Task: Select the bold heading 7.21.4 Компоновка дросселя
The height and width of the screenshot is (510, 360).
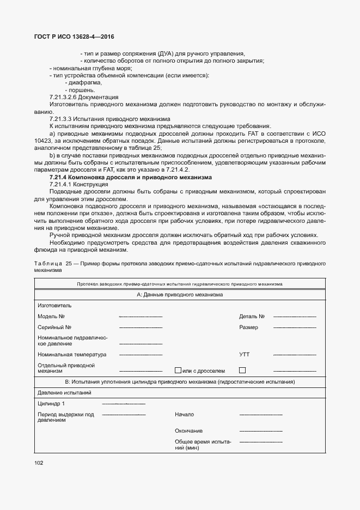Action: click(x=131, y=178)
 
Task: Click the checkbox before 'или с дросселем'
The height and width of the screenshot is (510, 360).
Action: click(x=177, y=371)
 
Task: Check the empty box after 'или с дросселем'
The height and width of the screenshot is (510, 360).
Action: click(x=242, y=371)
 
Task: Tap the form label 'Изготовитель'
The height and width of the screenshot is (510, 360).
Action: click(x=54, y=305)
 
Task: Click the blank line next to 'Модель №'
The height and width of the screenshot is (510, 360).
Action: click(x=141, y=317)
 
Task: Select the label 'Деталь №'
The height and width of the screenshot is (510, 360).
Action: click(x=252, y=316)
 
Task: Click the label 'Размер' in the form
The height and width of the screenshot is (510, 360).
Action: click(x=248, y=327)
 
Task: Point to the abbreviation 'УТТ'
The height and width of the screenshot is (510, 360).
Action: click(x=245, y=354)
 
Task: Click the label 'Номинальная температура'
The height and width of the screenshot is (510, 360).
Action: click(x=71, y=354)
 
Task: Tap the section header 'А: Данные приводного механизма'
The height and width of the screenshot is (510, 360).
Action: click(x=180, y=294)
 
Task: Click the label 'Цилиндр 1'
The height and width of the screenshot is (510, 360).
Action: click(x=51, y=404)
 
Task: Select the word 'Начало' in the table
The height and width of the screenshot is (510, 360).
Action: click(x=184, y=415)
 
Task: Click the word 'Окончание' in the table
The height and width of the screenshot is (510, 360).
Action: click(x=188, y=430)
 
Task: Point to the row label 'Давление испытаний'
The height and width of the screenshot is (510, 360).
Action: click(x=64, y=392)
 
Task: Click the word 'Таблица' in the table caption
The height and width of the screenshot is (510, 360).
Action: click(x=47, y=263)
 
